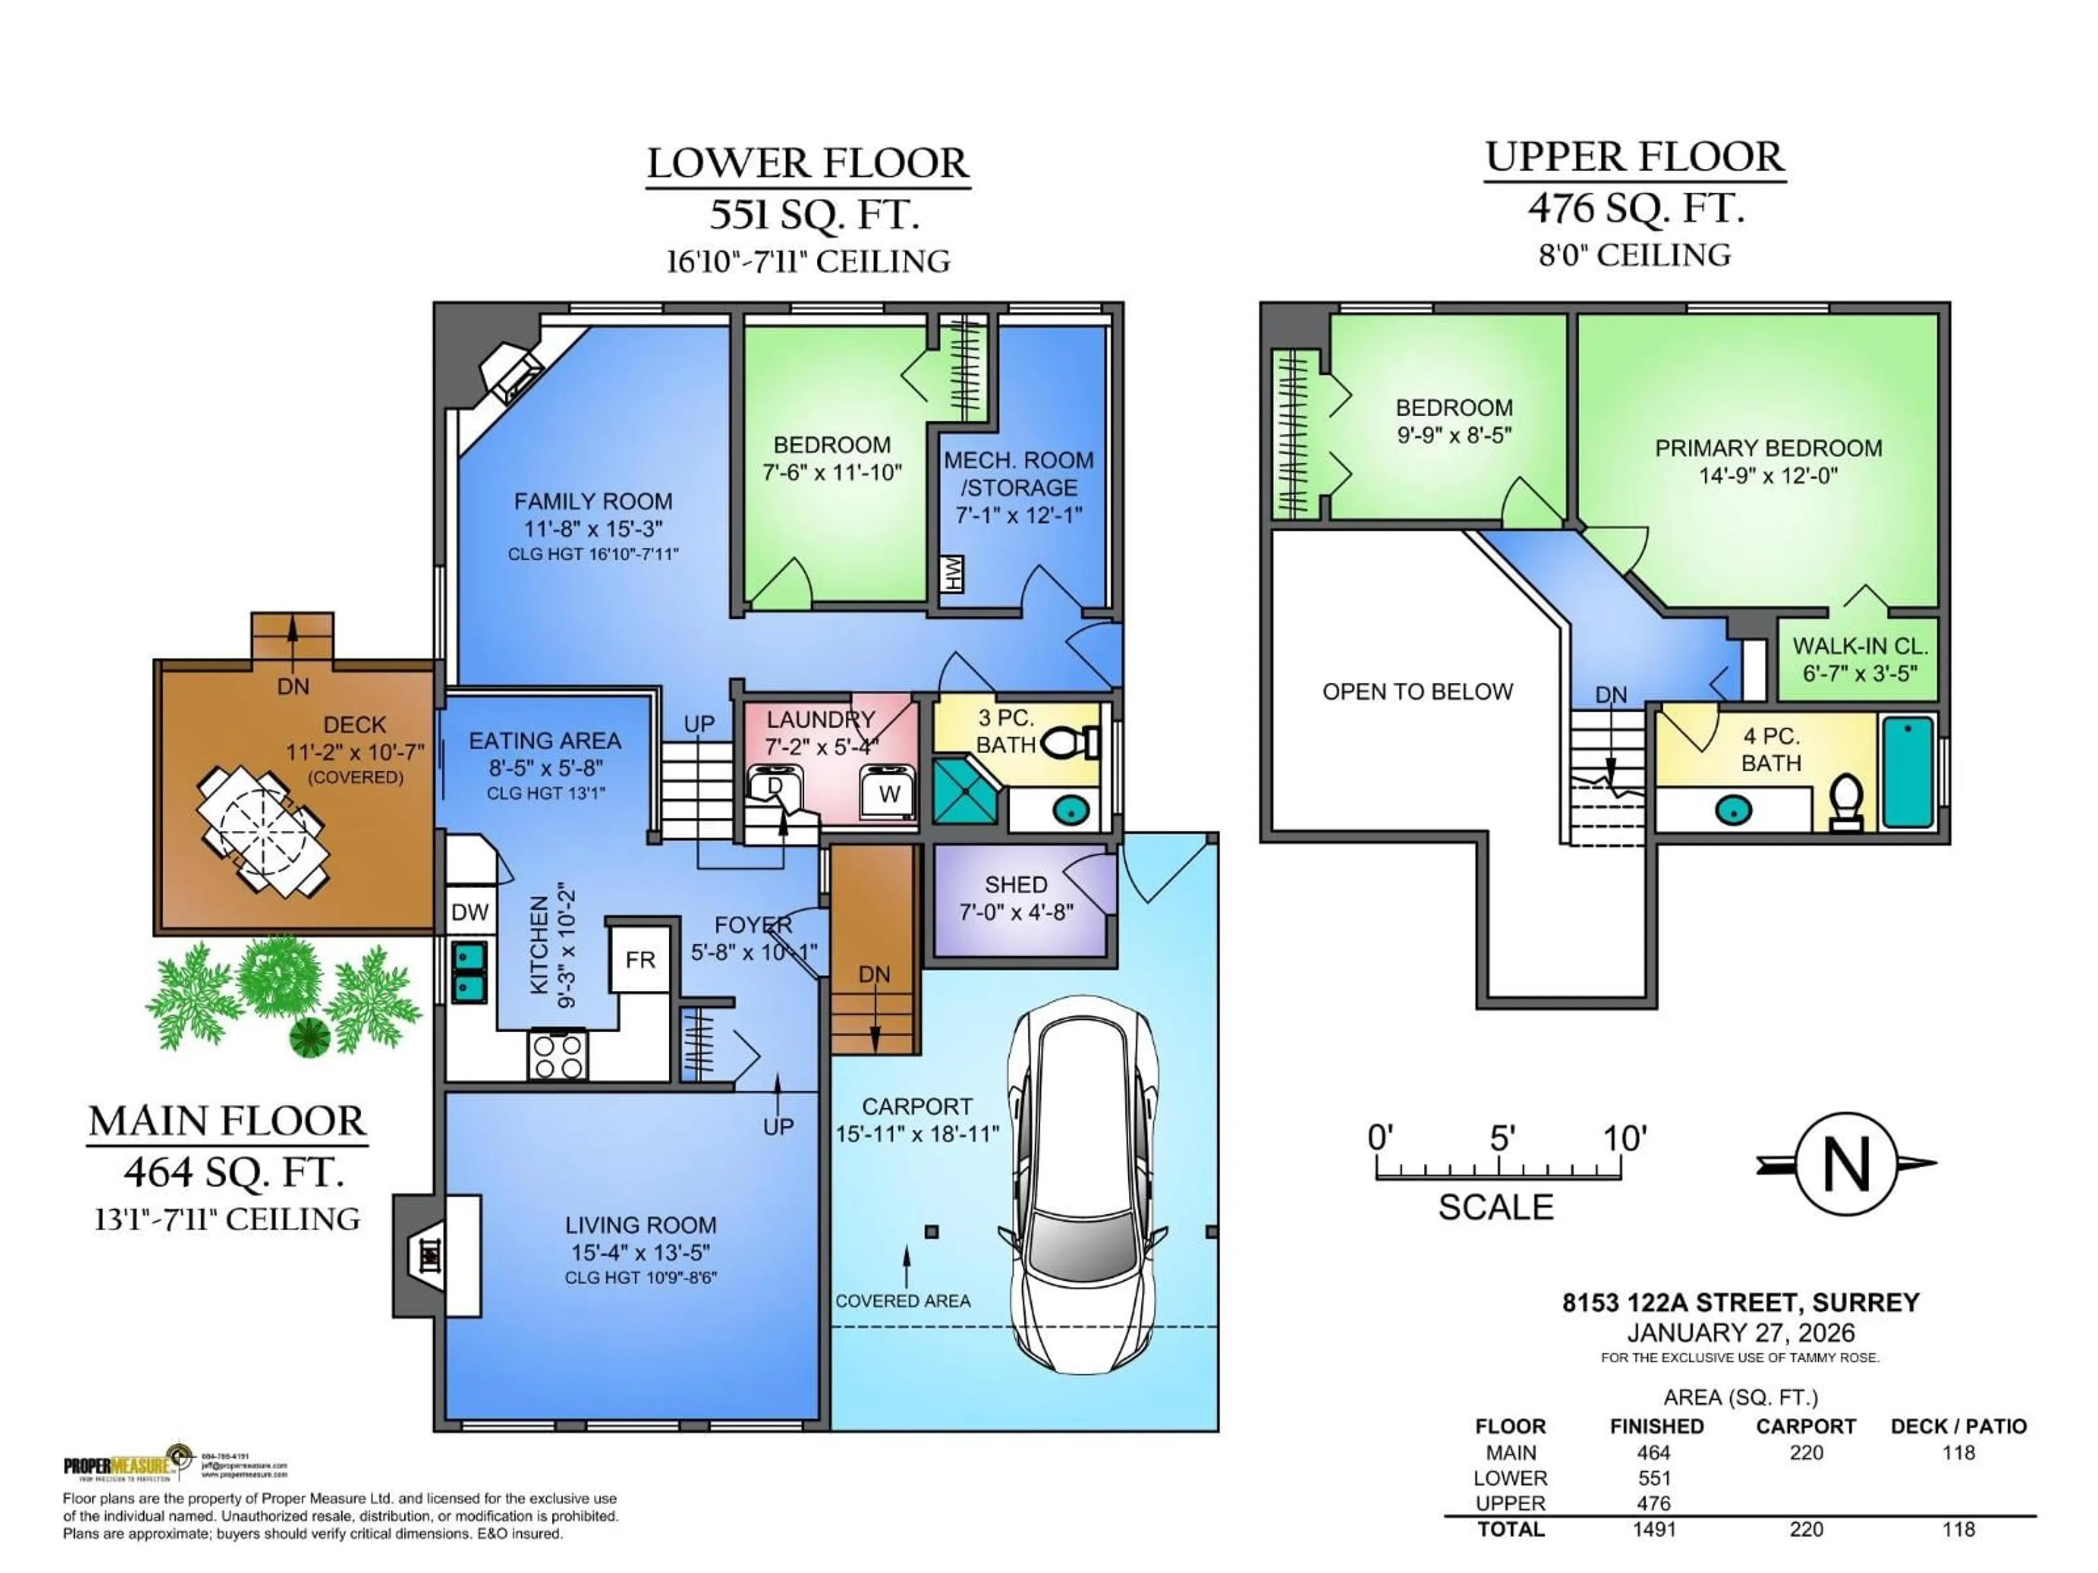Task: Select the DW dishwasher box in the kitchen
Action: tap(469, 912)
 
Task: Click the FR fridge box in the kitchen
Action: tap(640, 960)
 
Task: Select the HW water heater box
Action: tap(952, 573)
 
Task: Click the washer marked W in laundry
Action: tap(889, 793)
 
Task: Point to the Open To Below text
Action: tap(1417, 691)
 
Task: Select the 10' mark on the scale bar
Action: tap(1623, 1138)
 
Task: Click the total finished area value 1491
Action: tap(1654, 1529)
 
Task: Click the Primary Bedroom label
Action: tap(1768, 448)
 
